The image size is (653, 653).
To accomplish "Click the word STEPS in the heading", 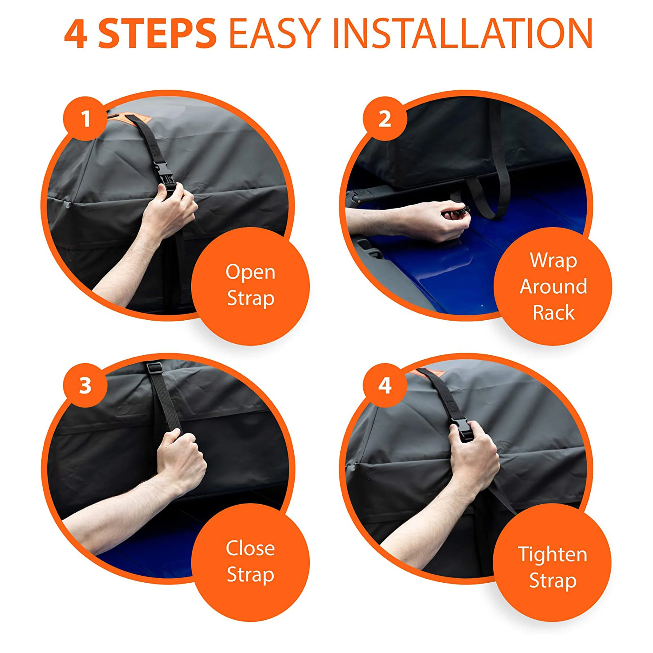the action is click(157, 33).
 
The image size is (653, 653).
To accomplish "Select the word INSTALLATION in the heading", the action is click(463, 33).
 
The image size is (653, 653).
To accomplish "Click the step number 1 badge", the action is click(85, 119).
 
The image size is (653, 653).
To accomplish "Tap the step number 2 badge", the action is click(385, 119).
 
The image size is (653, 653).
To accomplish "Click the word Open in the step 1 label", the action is click(250, 273).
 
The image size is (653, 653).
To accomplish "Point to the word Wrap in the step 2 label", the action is click(553, 261).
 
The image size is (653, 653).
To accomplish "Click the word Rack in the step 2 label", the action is click(553, 312).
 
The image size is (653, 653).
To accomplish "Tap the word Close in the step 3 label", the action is click(250, 548).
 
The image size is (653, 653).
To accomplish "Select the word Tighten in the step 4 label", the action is click(553, 555).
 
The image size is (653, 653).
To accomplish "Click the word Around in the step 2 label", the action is click(553, 287).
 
